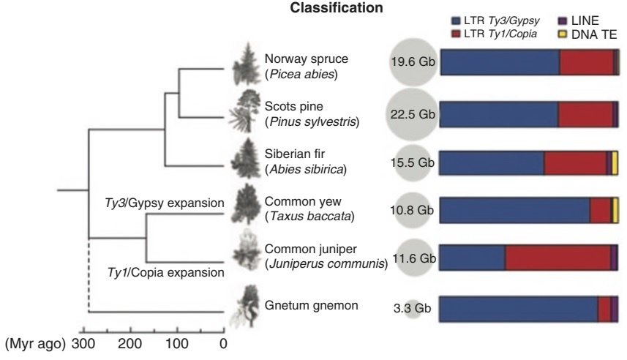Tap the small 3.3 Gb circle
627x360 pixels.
tap(414, 309)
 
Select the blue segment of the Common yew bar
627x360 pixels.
tap(516, 211)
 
